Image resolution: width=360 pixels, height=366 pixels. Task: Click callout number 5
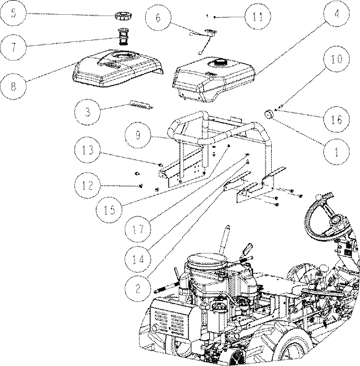14,13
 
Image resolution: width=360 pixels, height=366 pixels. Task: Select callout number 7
14,48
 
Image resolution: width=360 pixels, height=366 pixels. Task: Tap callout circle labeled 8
14,87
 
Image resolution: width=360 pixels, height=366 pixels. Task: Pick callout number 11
257,17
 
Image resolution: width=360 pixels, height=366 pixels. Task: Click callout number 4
337,14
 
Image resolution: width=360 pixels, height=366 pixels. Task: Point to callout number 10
337,59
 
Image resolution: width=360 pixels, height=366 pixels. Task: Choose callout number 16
337,119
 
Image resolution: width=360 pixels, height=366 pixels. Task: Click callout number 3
88,112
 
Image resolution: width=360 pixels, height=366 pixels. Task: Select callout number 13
88,150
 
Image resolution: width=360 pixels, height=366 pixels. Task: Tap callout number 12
88,185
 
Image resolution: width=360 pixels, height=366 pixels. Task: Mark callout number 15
109,210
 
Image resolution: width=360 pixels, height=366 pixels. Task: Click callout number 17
138,229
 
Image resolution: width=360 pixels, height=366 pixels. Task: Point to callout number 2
138,289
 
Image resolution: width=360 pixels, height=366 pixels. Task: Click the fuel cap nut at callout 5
123,17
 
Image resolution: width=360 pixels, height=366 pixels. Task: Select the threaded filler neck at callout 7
123,37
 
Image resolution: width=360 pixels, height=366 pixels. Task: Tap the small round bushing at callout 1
269,114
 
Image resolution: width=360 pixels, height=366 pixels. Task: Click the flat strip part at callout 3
141,104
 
